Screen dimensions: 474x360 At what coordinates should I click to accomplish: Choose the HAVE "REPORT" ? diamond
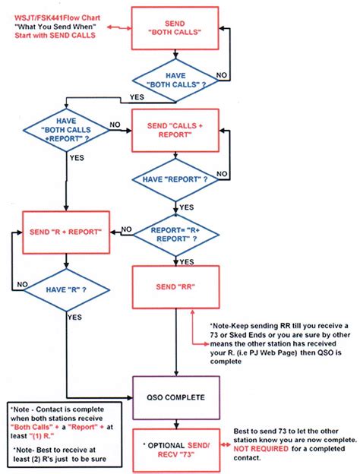[x=175, y=179]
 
